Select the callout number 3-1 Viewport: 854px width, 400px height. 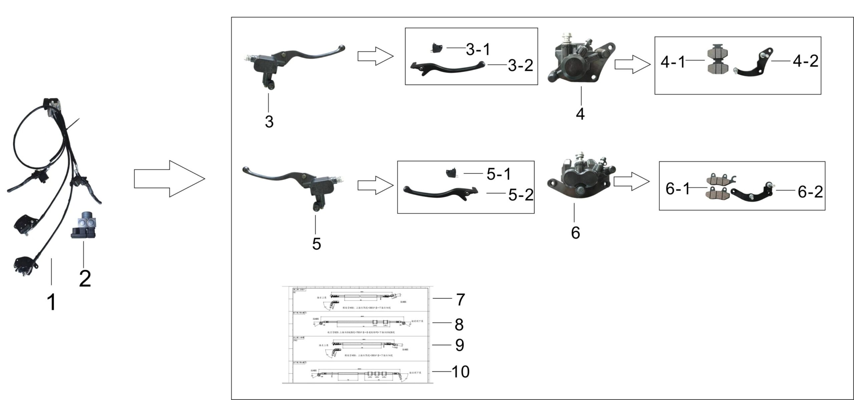(x=478, y=49)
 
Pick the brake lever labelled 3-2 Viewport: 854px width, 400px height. (x=447, y=68)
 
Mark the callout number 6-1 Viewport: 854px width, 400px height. (x=677, y=189)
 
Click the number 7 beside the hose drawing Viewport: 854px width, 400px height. (x=460, y=299)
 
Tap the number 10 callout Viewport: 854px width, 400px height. (x=460, y=371)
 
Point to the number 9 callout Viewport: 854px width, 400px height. (x=460, y=345)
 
